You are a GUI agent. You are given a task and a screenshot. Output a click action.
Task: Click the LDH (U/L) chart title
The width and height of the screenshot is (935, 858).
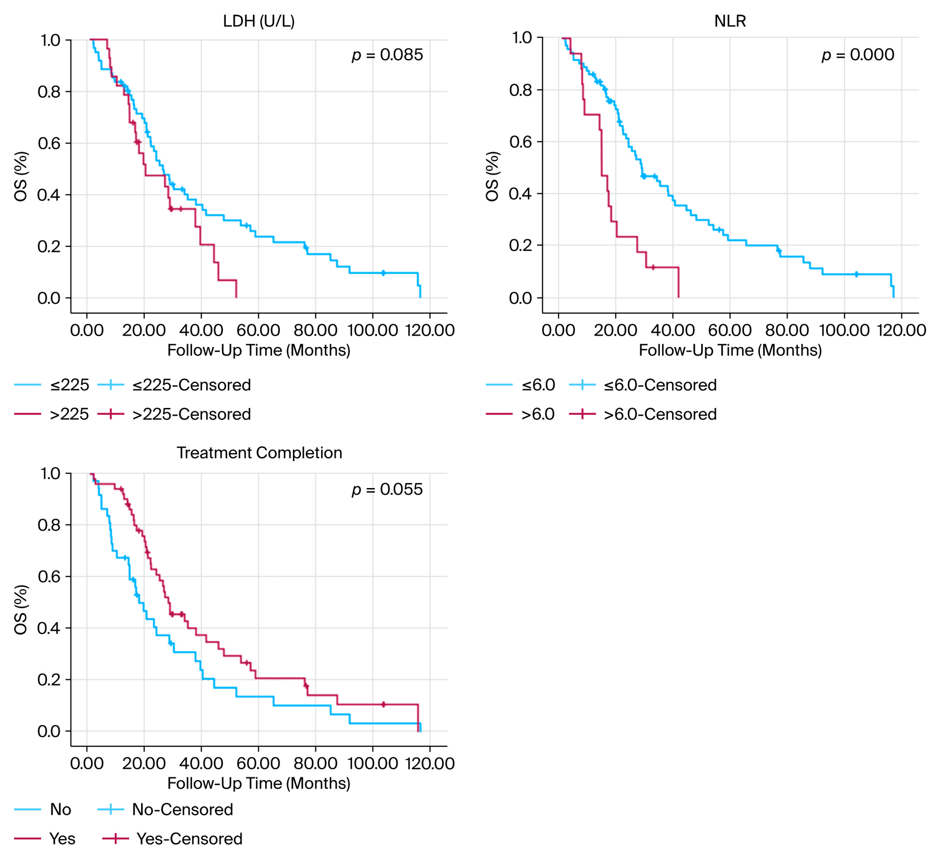pyautogui.click(x=258, y=21)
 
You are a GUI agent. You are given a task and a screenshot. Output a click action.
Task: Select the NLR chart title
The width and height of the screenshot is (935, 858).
pyautogui.click(x=730, y=21)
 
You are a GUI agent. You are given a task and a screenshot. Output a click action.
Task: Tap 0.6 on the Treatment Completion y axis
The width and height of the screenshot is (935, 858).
pyautogui.click(x=49, y=576)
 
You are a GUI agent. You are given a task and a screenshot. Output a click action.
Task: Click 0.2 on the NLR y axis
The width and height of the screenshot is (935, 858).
pyautogui.click(x=520, y=245)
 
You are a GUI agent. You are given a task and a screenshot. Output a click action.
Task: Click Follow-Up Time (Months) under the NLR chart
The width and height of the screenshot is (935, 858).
pyautogui.click(x=730, y=350)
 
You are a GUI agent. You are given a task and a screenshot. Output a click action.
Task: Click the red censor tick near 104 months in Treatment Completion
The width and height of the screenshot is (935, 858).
pyautogui.click(x=383, y=704)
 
